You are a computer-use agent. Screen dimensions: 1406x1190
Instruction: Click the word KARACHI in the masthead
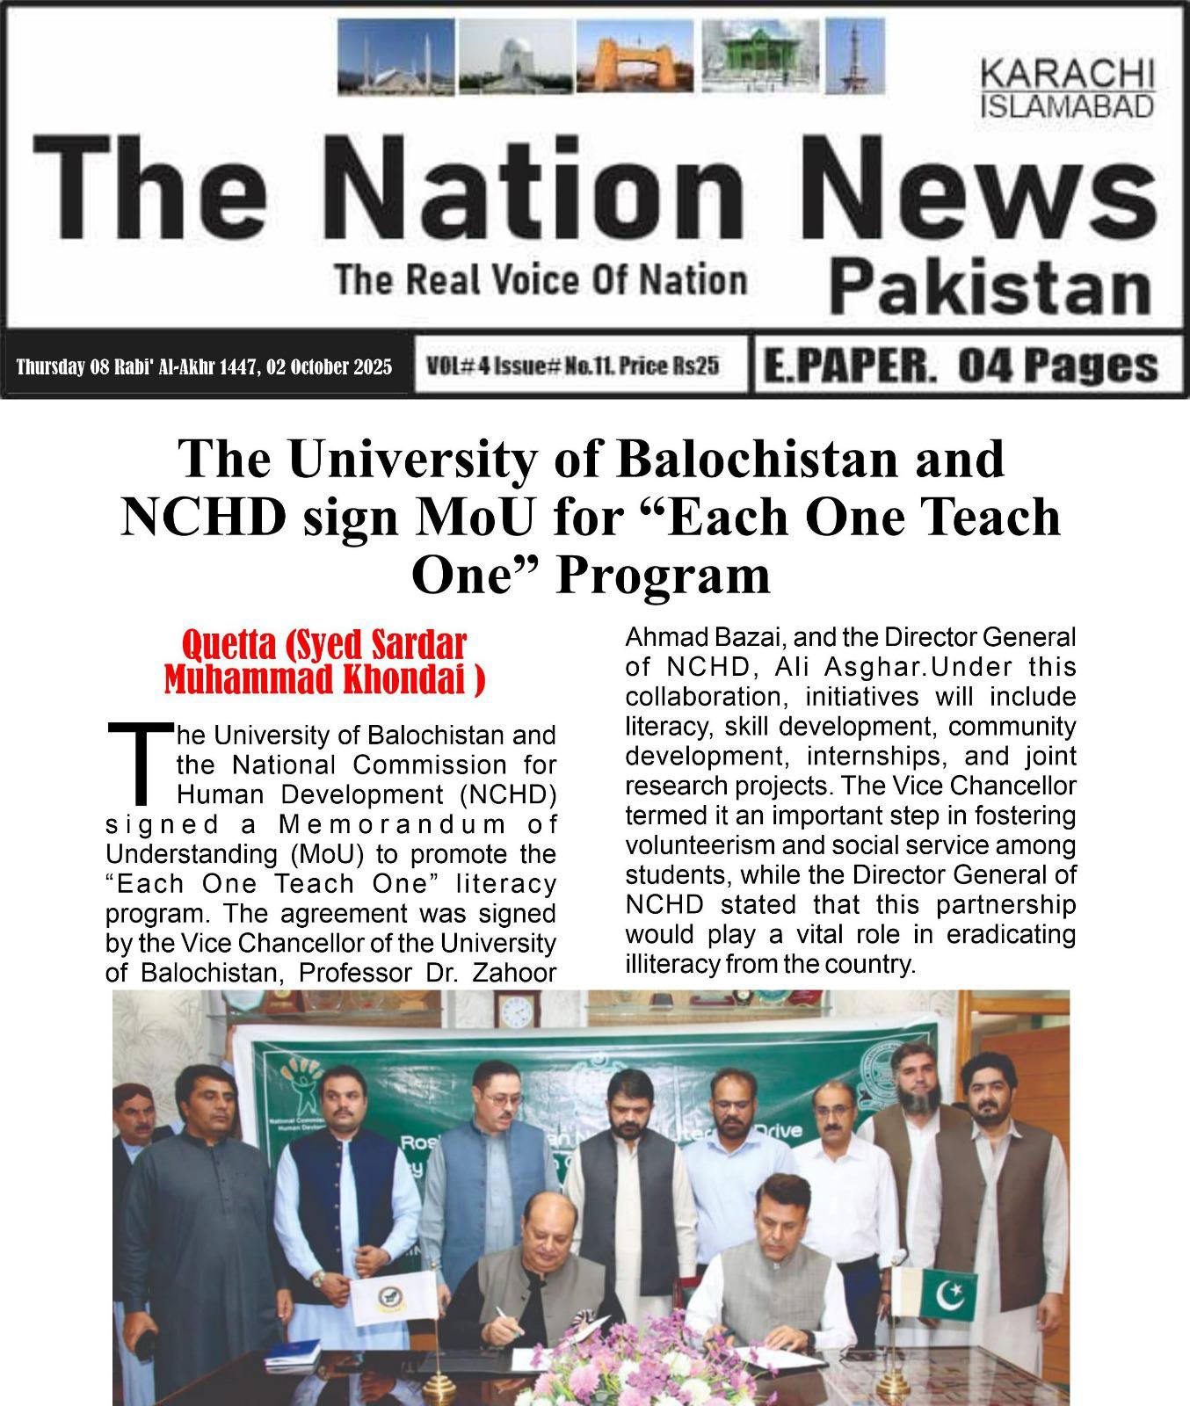[x=1067, y=73]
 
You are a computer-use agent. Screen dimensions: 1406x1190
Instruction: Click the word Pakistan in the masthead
[x=990, y=286]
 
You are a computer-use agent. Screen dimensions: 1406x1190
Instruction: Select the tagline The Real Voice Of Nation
[x=541, y=281]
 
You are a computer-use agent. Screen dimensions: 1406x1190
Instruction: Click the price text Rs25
[x=698, y=366]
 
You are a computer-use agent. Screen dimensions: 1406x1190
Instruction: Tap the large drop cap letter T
[x=139, y=761]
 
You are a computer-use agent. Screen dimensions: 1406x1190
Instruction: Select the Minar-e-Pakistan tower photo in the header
[x=854, y=56]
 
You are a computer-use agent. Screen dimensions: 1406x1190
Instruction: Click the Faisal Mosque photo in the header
[x=396, y=56]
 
